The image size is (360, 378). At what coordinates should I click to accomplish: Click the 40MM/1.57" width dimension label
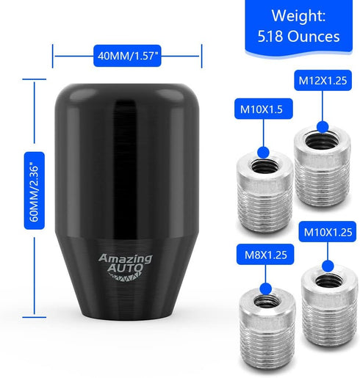[127, 56]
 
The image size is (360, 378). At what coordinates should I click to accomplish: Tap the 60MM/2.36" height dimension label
[35, 191]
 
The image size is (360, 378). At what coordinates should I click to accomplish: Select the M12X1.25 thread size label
[323, 81]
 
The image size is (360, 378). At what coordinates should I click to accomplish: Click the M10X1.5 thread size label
[264, 109]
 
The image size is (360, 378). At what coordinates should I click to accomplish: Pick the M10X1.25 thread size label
[328, 232]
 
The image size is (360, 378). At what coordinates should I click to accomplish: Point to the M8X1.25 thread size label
[265, 255]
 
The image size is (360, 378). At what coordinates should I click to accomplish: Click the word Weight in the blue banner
[298, 15]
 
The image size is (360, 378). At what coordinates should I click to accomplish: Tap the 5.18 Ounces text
[298, 36]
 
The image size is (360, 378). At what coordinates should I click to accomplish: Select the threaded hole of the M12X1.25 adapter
[323, 140]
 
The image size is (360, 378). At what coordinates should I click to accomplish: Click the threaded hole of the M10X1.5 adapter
[264, 167]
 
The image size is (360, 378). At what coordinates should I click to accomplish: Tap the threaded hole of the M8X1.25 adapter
[266, 301]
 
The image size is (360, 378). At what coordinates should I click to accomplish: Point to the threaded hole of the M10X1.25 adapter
[329, 280]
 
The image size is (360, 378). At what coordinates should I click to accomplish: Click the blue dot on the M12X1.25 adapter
[323, 127]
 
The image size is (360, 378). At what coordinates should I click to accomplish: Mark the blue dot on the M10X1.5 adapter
[264, 153]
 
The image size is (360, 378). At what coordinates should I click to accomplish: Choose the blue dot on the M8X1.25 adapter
[266, 289]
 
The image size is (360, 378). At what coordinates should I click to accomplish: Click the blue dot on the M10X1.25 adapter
[328, 266]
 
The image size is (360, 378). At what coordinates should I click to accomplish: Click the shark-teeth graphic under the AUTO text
[125, 277]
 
